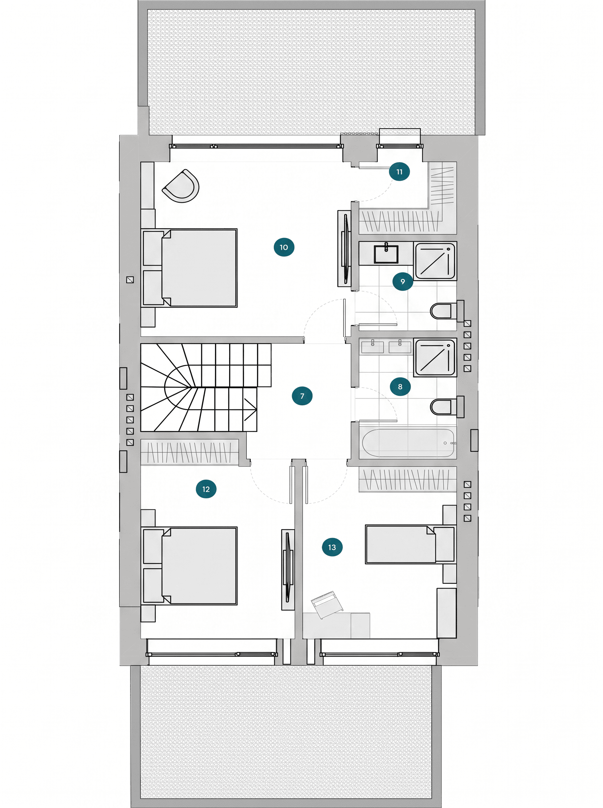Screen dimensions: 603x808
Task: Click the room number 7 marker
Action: pyautogui.click(x=302, y=396)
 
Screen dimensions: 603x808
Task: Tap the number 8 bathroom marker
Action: pyautogui.click(x=400, y=386)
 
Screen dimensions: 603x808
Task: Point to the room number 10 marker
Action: pyautogui.click(x=284, y=247)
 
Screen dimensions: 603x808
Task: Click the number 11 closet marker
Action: pyautogui.click(x=399, y=172)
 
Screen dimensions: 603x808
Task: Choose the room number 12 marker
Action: pyautogui.click(x=206, y=489)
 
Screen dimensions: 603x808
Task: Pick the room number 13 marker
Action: pyautogui.click(x=332, y=547)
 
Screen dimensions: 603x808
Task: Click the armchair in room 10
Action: pyautogui.click(x=181, y=186)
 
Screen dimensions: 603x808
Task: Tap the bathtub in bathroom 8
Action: pyautogui.click(x=408, y=442)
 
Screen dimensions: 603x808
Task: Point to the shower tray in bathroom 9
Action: pyautogui.click(x=435, y=261)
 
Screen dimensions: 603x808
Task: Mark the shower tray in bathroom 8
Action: pyautogui.click(x=435, y=358)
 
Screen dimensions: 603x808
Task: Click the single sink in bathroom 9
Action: pyautogui.click(x=386, y=254)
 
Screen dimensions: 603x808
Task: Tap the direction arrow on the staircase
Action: pyautogui.click(x=250, y=410)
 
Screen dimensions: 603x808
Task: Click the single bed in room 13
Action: pyautogui.click(x=410, y=544)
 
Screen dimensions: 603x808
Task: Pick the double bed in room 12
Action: pyautogui.click(x=189, y=566)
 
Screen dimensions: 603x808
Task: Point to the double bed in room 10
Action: pyautogui.click(x=189, y=268)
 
